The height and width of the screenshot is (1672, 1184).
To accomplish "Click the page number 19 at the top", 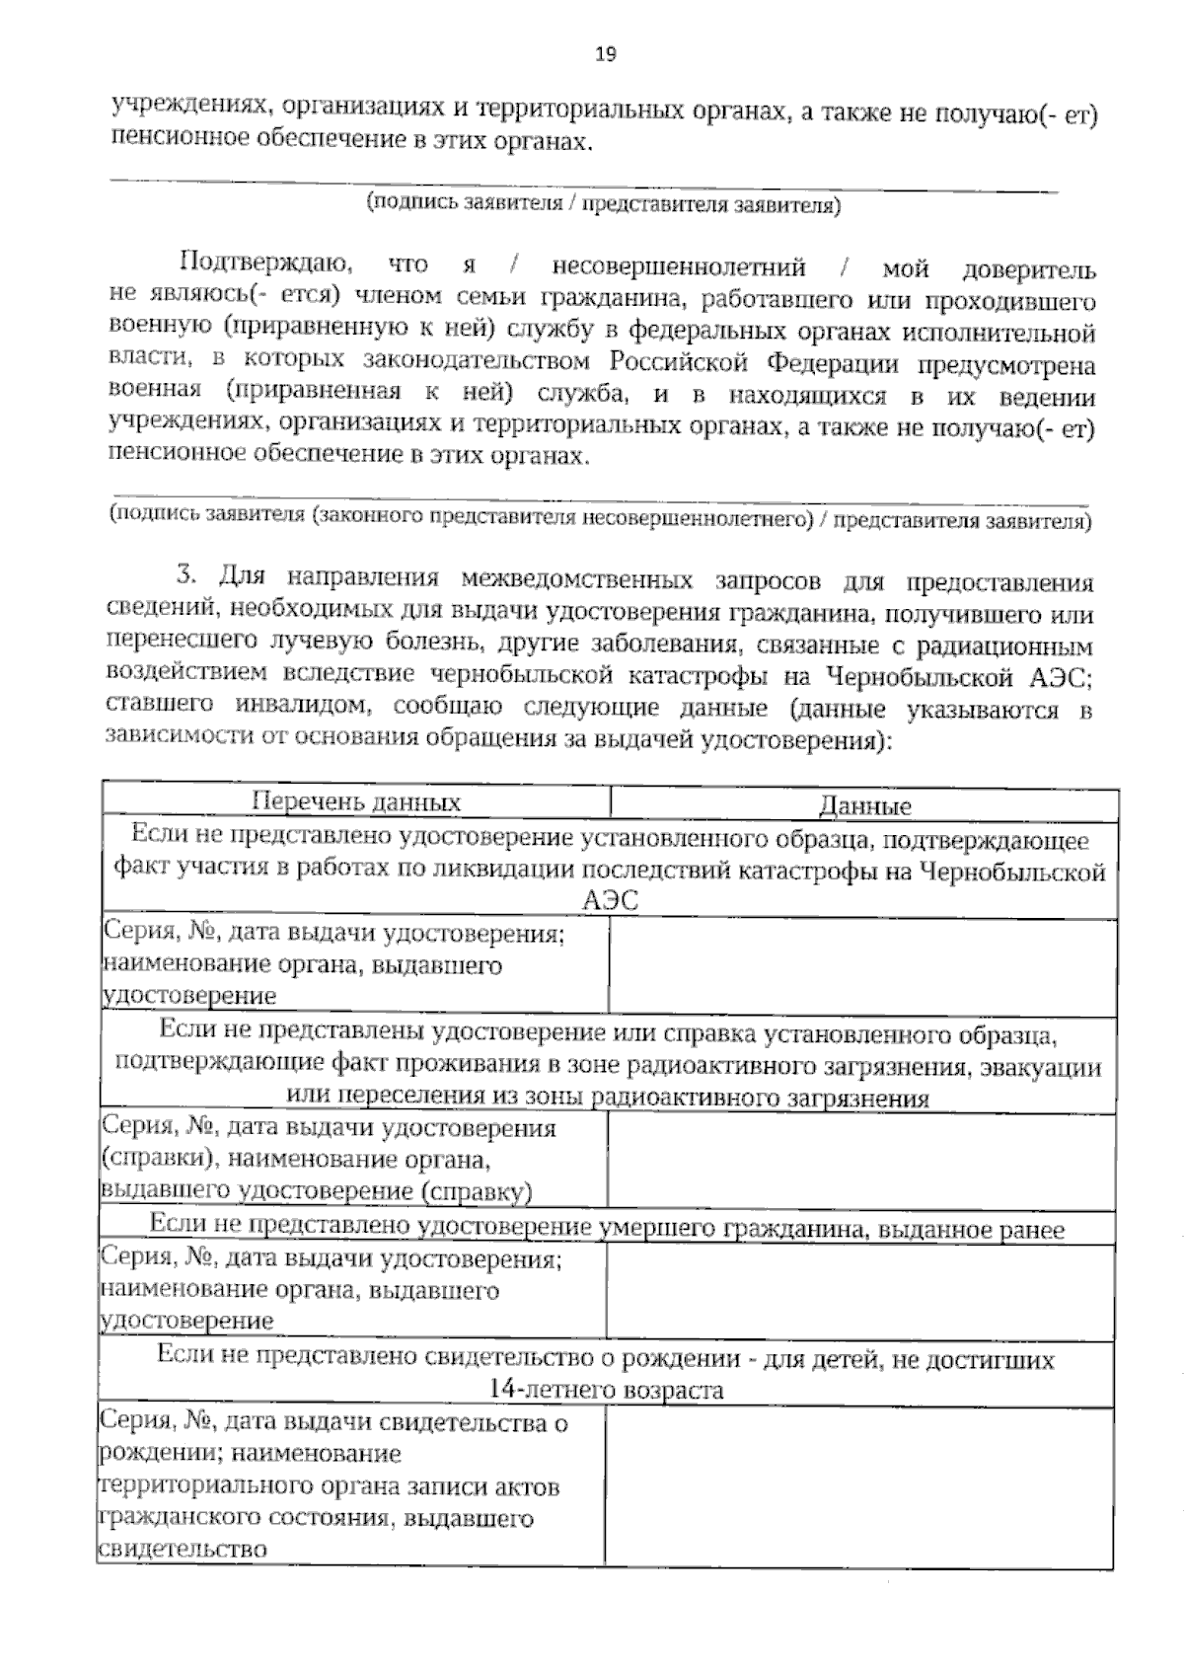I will [x=605, y=54].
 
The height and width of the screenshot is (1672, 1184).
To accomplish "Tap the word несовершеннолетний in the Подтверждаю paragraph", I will [x=678, y=266].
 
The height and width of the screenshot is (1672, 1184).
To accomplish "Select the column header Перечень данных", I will [x=356, y=802].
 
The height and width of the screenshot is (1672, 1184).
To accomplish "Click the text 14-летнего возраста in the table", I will [x=607, y=1390].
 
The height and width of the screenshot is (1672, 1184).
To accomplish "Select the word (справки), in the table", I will [x=149, y=1158].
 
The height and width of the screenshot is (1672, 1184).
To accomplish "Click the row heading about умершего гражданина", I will [x=607, y=1228].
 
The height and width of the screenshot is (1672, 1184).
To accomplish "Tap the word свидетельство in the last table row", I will [x=183, y=1549].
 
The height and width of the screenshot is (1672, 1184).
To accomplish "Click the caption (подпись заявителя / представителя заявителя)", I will [x=603, y=204].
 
